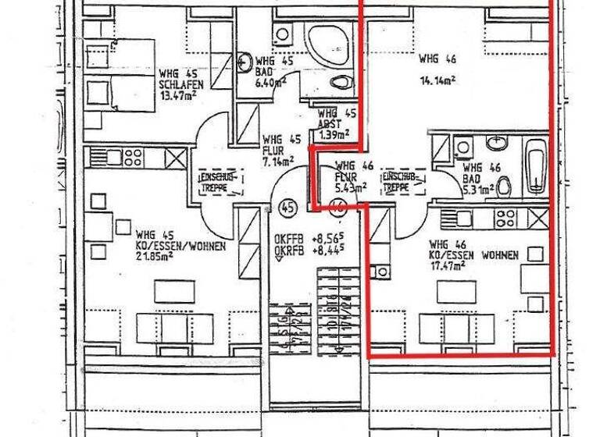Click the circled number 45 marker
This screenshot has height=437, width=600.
point(287,208)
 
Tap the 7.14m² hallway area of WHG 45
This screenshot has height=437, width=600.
point(279,162)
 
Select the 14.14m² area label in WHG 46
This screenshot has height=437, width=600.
point(437,79)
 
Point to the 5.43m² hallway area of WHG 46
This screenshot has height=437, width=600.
point(351,189)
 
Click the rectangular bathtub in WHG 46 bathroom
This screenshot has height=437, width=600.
point(534,165)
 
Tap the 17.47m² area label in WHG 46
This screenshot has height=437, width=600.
point(447,265)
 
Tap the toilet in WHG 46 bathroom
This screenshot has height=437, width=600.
point(505,186)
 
